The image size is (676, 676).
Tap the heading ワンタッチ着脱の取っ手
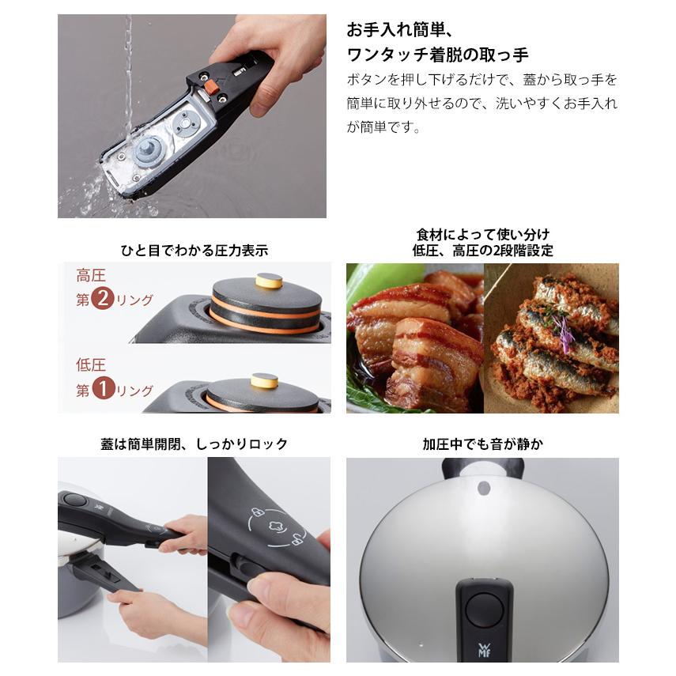point(437,55)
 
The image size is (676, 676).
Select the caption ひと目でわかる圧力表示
point(193,251)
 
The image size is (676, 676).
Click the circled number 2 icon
point(102,300)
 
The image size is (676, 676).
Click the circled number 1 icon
point(102,390)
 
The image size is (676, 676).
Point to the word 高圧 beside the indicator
point(90,276)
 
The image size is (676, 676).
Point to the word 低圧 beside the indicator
point(90,365)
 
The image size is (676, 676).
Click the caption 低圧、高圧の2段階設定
point(482,251)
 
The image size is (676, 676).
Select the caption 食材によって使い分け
point(482,235)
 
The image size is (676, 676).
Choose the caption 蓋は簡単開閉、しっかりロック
point(193,444)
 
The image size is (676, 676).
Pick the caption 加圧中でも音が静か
point(482,444)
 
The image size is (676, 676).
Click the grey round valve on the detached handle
point(148,151)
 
